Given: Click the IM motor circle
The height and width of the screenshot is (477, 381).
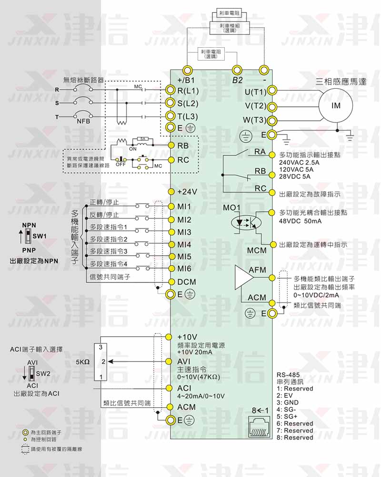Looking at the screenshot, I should pos(336,106).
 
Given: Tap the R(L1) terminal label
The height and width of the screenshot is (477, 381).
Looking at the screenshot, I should pos(188,90).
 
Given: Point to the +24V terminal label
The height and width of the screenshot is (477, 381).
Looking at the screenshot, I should pos(187,191).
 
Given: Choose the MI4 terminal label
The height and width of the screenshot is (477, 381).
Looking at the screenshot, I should pos(184,244).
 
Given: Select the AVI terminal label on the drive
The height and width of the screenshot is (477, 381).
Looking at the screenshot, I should pos(184,362).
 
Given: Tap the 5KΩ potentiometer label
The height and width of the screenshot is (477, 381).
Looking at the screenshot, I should pos(82,362).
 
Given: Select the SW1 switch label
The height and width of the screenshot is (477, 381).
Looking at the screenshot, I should pos(39,236).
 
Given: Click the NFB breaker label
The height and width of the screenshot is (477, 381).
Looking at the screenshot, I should pos(83,121).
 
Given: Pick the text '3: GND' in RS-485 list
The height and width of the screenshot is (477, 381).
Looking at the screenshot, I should pos(288,402).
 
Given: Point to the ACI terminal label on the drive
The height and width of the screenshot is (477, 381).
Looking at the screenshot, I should pos(184,388).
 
